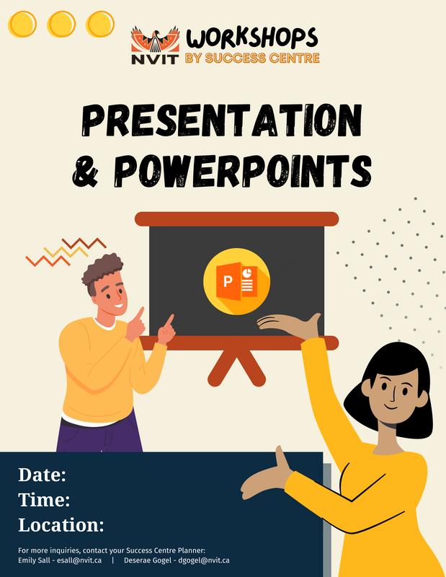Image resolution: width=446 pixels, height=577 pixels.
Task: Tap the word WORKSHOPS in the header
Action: tap(252, 38)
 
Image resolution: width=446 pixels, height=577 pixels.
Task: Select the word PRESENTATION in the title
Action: tap(222, 120)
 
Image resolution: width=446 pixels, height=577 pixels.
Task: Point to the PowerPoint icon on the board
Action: tap(236, 281)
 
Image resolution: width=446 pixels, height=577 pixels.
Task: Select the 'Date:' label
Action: tap(43, 475)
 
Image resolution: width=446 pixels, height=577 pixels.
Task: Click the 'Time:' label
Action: tap(44, 500)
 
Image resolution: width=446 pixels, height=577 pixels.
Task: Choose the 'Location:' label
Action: tap(61, 525)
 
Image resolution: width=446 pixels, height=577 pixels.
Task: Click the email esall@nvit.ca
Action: tap(79, 560)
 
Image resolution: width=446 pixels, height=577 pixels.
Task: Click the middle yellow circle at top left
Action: tap(61, 25)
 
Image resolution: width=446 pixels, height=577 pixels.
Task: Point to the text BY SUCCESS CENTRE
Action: tap(252, 58)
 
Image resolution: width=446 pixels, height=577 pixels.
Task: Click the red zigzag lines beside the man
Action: tap(66, 252)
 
